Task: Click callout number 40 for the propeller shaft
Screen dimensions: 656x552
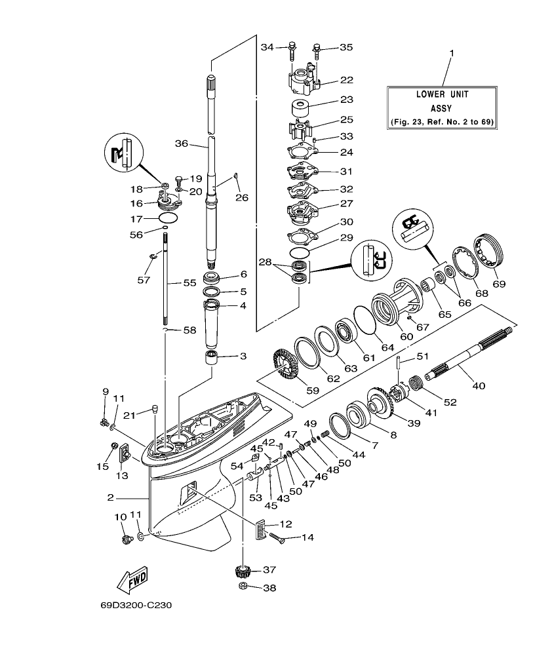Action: (479, 386)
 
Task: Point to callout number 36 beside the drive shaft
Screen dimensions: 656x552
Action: (182, 143)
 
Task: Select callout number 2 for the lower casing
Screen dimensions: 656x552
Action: (111, 497)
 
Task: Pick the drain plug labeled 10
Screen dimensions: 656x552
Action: (127, 539)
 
